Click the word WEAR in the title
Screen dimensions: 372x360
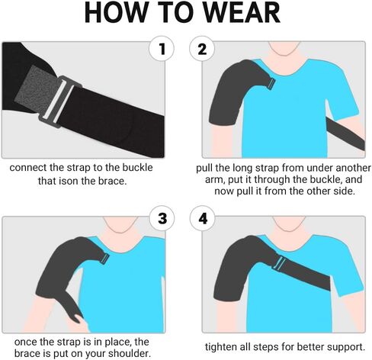pyautogui.click(x=242, y=12)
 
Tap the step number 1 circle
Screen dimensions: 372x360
pyautogui.click(x=162, y=49)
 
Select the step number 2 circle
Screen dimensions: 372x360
pyautogui.click(x=202, y=49)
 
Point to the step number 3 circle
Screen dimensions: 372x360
pyautogui.click(x=162, y=218)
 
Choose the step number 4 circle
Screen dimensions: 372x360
pyautogui.click(x=203, y=218)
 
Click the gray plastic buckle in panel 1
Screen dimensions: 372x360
pyautogui.click(x=60, y=101)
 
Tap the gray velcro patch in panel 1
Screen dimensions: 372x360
pyautogui.click(x=36, y=90)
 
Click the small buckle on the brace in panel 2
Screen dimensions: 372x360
pyautogui.click(x=271, y=83)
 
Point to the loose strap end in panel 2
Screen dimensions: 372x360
pyautogui.click(x=346, y=134)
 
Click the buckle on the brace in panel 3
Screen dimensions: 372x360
pyautogui.click(x=104, y=259)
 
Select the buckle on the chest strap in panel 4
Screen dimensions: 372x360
pyautogui.click(x=279, y=263)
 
